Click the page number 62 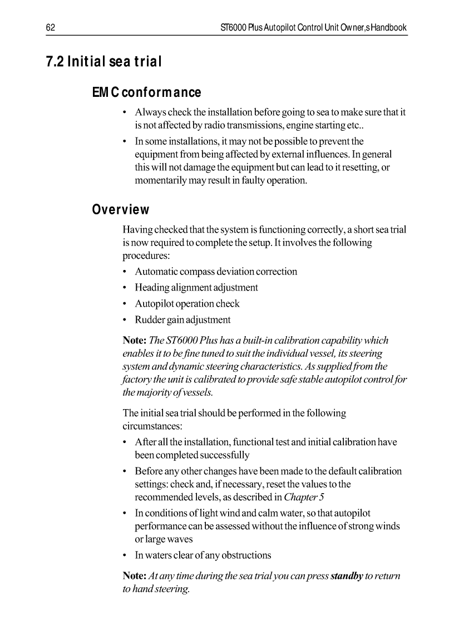[50, 27]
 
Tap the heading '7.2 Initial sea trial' [103, 62]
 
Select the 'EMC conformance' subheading [146, 92]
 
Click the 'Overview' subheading [121, 210]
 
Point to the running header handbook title [314, 27]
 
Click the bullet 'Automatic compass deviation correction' [216, 272]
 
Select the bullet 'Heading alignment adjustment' [196, 288]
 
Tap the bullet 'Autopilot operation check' [187, 304]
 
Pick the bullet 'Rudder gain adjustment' [182, 320]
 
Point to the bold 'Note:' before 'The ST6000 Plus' [134, 340]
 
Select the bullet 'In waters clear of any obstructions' [203, 555]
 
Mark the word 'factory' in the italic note [134, 380]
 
